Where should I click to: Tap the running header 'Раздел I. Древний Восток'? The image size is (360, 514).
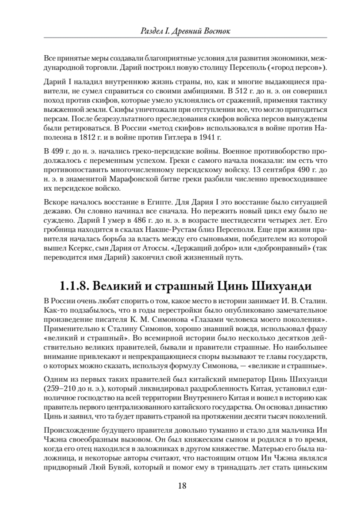pyautogui.click(x=180, y=31)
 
